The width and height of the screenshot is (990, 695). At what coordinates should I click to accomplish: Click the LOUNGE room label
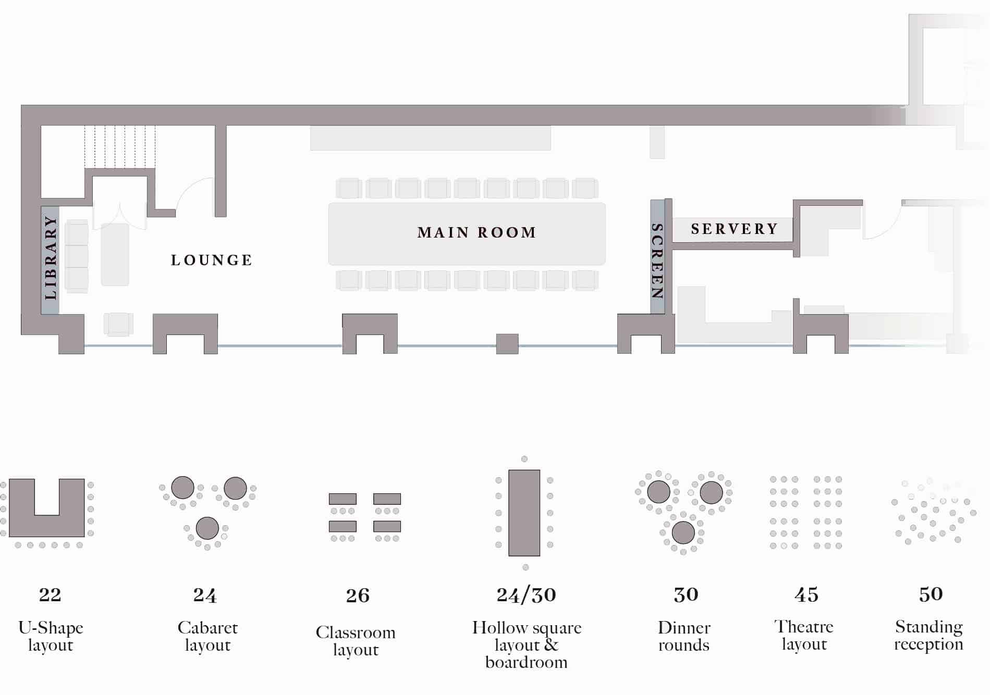pos(212,260)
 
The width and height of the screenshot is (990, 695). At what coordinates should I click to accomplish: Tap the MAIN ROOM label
pos(477,232)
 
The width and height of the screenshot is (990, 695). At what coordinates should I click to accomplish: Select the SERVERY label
pos(735,229)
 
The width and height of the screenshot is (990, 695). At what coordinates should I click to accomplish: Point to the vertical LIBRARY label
pos(50,258)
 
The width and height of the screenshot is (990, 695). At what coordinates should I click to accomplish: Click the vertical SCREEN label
pos(657,261)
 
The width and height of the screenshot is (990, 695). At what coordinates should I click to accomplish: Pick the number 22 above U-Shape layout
pos(50,594)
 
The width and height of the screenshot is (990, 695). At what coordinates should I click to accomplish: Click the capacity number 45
pos(806,594)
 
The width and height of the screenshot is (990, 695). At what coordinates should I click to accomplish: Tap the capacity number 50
pos(931,594)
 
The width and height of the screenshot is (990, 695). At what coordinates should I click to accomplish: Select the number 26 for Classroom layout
pos(358,595)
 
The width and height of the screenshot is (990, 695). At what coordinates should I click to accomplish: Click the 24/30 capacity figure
pos(527,595)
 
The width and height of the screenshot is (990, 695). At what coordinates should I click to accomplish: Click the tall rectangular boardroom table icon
pos(524,513)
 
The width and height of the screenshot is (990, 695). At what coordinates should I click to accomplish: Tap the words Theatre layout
pos(804,635)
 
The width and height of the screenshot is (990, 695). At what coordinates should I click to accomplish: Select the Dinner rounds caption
pos(684,636)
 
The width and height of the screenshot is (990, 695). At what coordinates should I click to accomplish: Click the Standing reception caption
pos(929,635)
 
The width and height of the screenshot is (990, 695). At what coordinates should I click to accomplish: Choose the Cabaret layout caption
pos(207,636)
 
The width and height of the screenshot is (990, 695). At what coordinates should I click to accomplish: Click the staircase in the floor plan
pos(120,146)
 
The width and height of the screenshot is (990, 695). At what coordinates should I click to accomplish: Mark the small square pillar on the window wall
pos(507,344)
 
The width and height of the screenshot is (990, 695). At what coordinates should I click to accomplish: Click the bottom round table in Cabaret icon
pos(207,528)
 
